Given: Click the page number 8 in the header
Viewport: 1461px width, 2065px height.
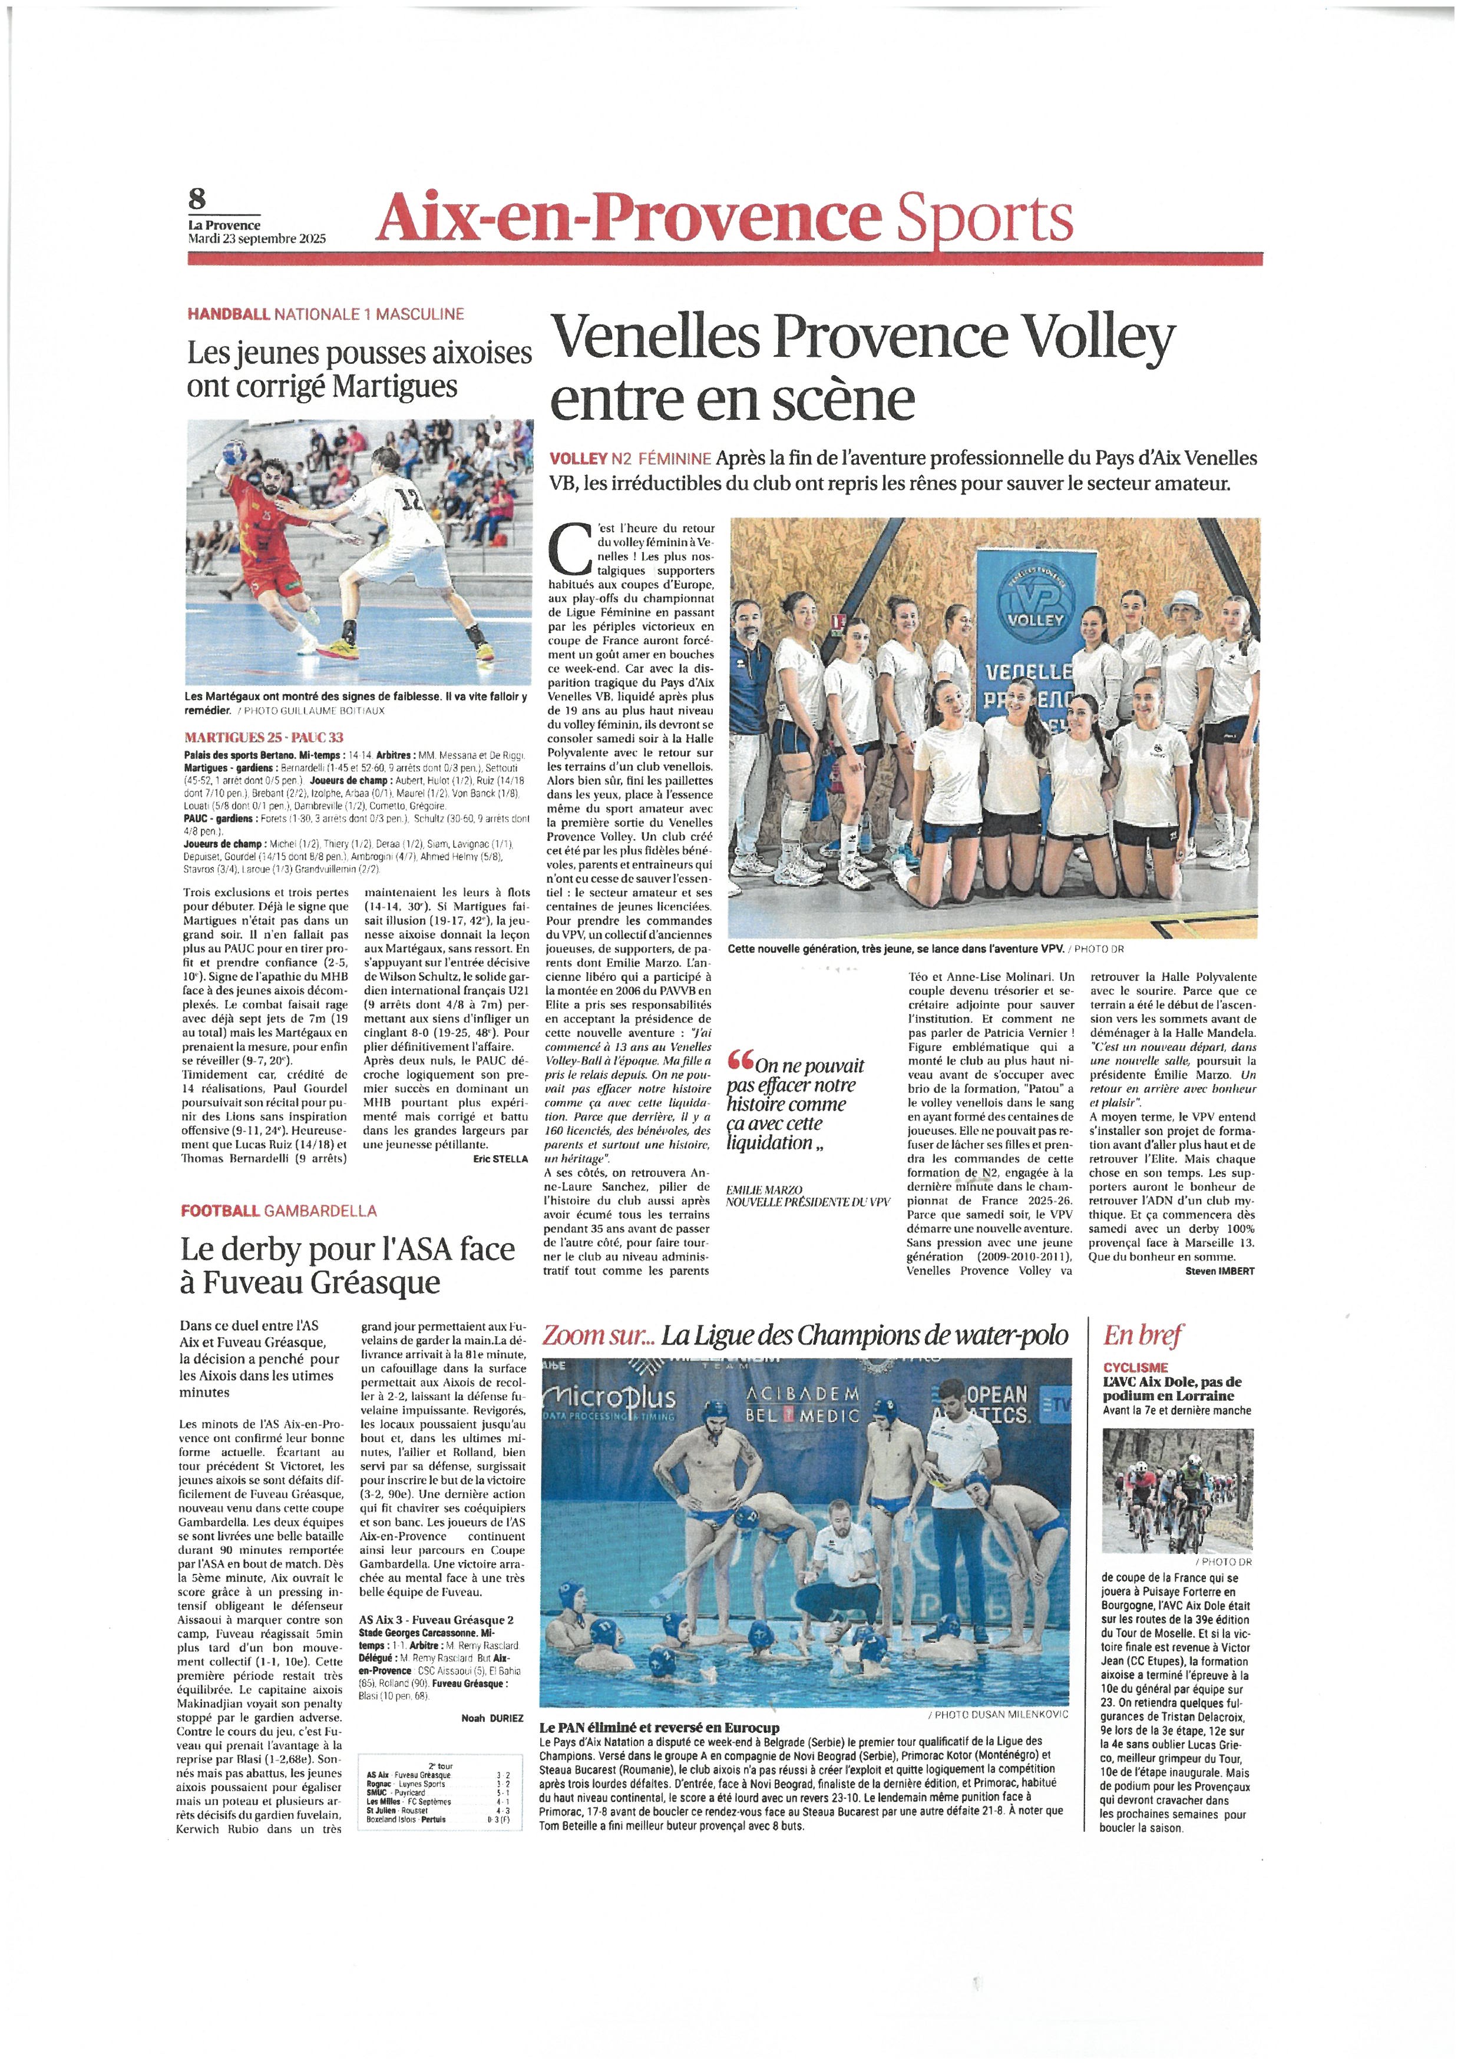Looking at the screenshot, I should click(x=197, y=197).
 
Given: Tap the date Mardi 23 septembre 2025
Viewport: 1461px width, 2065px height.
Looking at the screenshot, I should click(x=256, y=239).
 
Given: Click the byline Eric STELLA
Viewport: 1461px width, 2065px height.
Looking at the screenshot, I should click(x=500, y=1159).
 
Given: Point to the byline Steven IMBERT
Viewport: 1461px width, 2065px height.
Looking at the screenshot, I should click(x=1219, y=1271).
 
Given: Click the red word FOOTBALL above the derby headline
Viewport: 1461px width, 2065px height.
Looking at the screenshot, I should click(x=220, y=1211).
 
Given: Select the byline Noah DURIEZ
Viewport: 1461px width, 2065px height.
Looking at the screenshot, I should click(x=492, y=1718).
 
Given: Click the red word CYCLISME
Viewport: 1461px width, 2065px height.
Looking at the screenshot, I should click(x=1135, y=1368).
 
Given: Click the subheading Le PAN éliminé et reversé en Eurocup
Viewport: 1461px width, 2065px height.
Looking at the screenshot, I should click(x=659, y=1728).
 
